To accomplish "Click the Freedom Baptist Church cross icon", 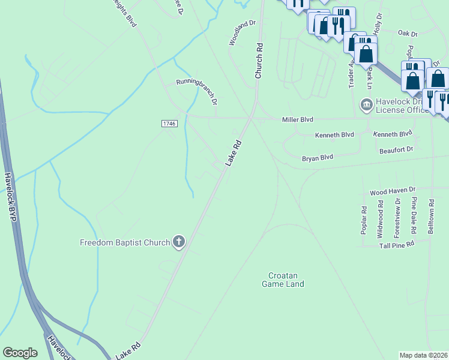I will [x=178, y=242].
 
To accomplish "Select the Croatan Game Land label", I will [x=283, y=280].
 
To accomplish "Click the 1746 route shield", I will [x=169, y=123].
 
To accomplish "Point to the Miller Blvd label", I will [x=298, y=120].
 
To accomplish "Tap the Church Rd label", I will [x=259, y=61].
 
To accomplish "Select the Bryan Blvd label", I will [x=317, y=158].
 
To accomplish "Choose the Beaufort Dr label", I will [x=396, y=149].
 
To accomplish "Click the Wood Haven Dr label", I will [x=393, y=191].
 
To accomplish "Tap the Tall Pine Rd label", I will [x=393, y=245].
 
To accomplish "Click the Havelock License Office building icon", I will [x=366, y=105].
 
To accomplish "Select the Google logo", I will [x=20, y=353].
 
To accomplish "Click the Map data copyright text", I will [x=424, y=355].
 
